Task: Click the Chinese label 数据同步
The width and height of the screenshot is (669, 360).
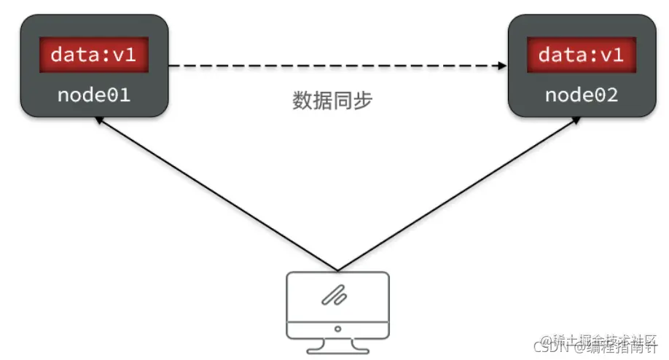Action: click(x=332, y=101)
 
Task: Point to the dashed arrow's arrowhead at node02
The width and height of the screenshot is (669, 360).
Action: click(x=501, y=66)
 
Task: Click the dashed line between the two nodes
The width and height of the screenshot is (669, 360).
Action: click(x=335, y=66)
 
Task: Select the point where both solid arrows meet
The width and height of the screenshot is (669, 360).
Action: click(x=337, y=269)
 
